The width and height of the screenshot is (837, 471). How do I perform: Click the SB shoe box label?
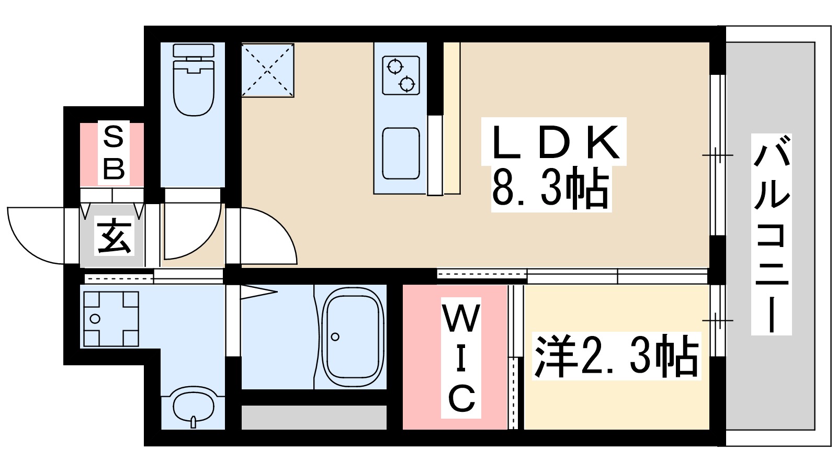pyautogui.click(x=113, y=153)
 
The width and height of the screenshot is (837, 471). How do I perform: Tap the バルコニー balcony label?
pyautogui.click(x=771, y=234)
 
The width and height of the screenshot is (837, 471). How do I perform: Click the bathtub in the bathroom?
pyautogui.click(x=352, y=338)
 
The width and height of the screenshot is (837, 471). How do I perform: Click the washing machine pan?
pyautogui.click(x=111, y=319)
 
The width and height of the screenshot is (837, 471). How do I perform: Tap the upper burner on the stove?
pyautogui.click(x=395, y=67)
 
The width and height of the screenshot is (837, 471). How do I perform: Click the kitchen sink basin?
pyautogui.click(x=401, y=153)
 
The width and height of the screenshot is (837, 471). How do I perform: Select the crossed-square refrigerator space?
pyautogui.click(x=267, y=70)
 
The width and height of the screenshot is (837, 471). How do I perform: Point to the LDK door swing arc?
pyautogui.click(x=269, y=235)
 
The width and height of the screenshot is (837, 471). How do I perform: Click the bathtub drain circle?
pyautogui.click(x=335, y=337)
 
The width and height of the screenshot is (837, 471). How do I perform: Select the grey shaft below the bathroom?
pyautogui.click(x=314, y=417)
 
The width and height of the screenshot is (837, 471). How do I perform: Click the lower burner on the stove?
pyautogui.click(x=407, y=83)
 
